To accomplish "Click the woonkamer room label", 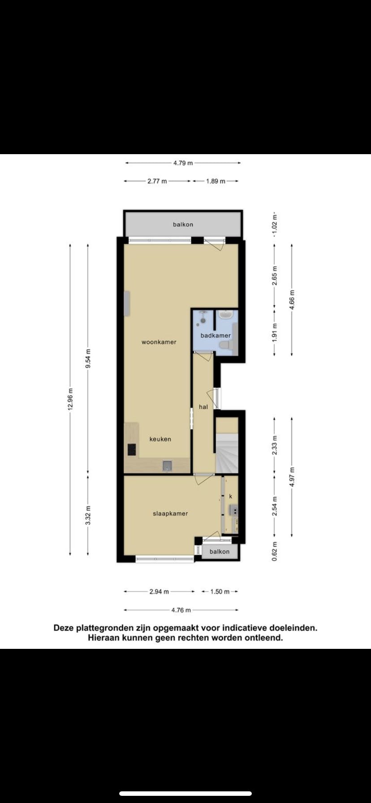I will (x=159, y=342).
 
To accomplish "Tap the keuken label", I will (x=160, y=439).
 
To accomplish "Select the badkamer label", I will (x=216, y=335).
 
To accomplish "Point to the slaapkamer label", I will (x=170, y=514).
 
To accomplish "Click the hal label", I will (x=203, y=407).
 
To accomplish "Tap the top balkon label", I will (x=183, y=224).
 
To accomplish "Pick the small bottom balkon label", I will (x=220, y=552).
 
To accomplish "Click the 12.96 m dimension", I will (x=70, y=398).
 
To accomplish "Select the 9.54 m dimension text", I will (x=88, y=358).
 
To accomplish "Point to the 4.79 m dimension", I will (x=183, y=163).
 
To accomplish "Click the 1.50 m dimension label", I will (x=220, y=591).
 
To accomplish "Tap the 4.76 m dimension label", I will (x=181, y=610).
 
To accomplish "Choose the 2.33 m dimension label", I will (x=275, y=445).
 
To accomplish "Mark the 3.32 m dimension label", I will (x=88, y=515).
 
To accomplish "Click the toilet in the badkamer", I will (x=225, y=345).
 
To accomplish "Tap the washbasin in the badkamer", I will (x=225, y=316).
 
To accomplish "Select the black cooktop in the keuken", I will (x=132, y=449).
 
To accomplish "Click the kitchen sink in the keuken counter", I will (x=167, y=466).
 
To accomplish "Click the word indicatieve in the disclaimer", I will (x=244, y=628).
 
